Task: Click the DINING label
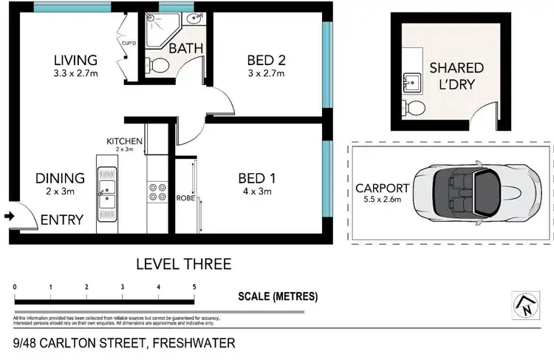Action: tap(60, 178)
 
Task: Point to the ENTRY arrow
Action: tap(9, 217)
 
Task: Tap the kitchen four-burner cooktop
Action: tap(157, 193)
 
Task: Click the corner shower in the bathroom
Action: tap(158, 30)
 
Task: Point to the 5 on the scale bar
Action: tap(194, 287)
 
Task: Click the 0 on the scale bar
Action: tap(15, 287)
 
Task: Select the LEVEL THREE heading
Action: tap(184, 264)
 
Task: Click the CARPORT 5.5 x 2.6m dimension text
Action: tap(381, 197)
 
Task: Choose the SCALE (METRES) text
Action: tap(278, 297)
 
